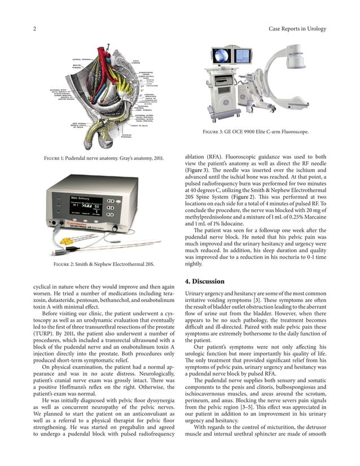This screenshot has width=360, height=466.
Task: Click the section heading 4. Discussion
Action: (205, 282)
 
